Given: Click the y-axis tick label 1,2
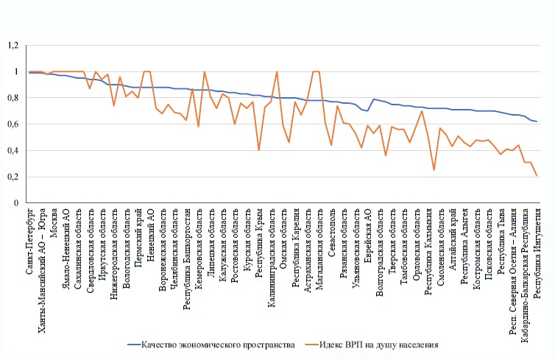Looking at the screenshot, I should click(x=12, y=46).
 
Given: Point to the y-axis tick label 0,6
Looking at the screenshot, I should click(x=12, y=124).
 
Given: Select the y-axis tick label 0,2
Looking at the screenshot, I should click(x=12, y=176).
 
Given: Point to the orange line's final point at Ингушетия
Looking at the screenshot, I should click(x=537, y=175).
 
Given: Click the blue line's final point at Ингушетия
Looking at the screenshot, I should click(x=537, y=121).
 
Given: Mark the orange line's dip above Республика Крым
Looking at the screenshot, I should click(x=259, y=150).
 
